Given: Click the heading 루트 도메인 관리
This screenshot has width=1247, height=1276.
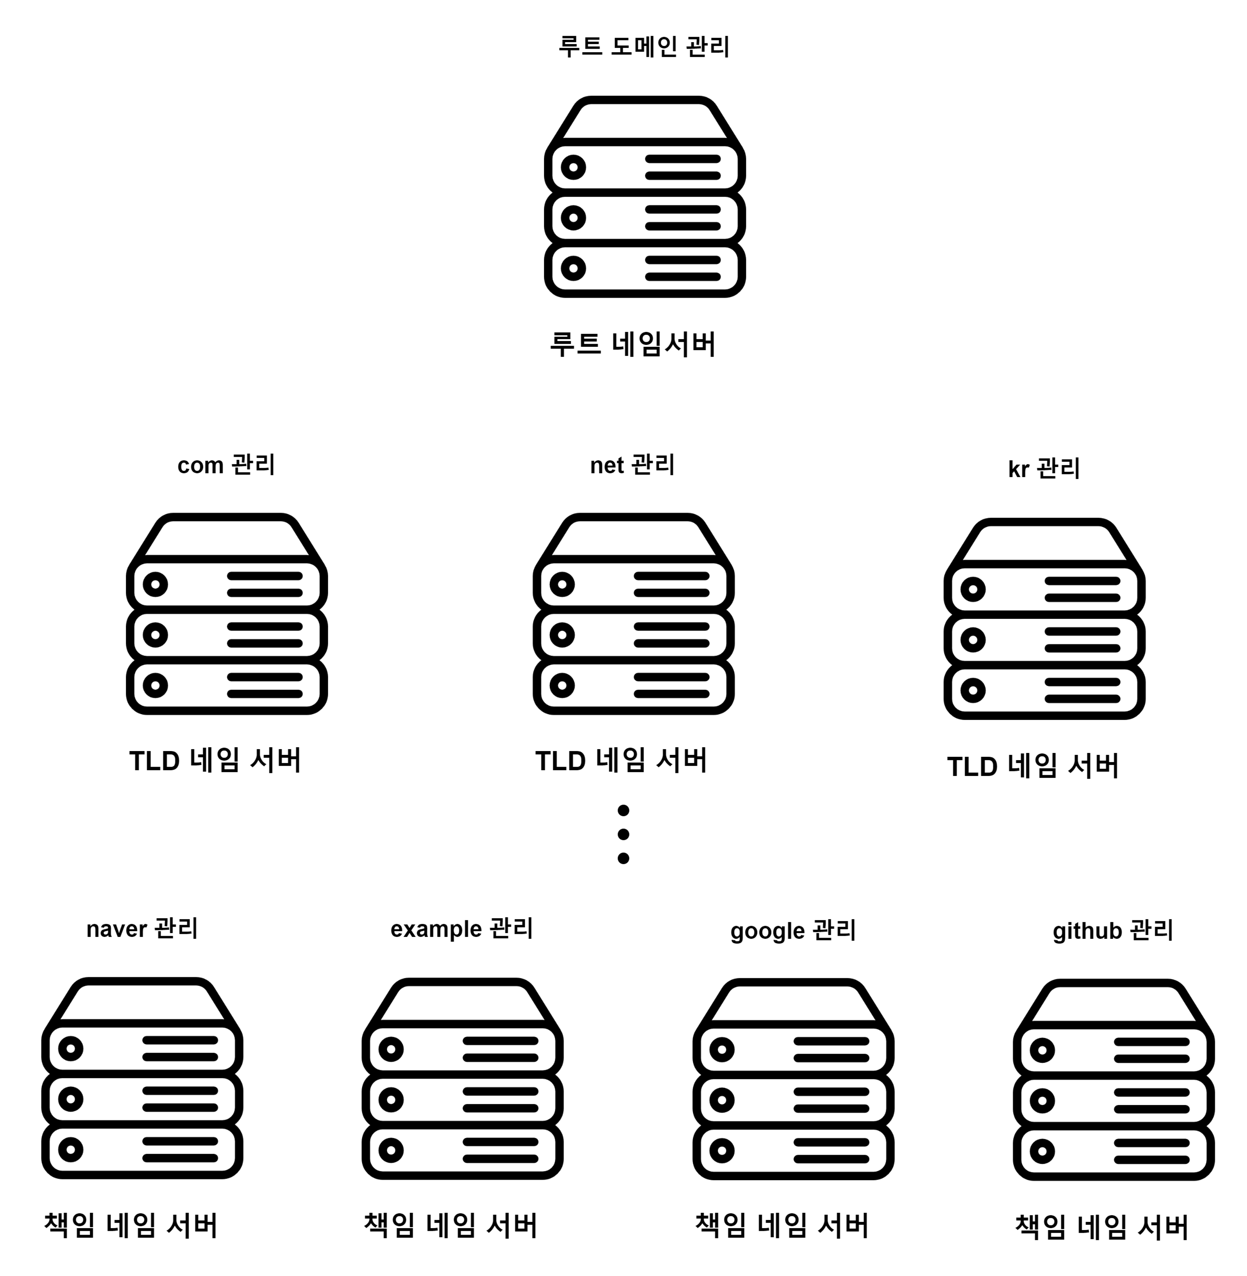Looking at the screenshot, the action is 644,46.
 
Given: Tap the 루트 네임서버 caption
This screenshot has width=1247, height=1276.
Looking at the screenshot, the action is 633,344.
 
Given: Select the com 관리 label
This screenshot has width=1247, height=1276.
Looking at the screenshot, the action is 226,465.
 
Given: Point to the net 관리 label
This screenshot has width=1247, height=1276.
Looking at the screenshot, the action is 632,465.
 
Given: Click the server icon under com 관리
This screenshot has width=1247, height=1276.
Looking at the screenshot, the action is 227,614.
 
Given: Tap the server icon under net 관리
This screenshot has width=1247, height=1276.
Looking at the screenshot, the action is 633,614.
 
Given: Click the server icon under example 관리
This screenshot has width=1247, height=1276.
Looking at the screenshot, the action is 462,1078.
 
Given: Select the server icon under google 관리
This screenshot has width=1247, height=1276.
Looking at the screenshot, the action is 793,1079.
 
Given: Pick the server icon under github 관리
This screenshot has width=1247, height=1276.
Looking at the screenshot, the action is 1113,1079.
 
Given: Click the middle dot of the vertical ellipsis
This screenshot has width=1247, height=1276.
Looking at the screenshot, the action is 624,834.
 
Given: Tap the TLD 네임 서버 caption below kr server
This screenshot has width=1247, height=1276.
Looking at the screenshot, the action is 1033,766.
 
